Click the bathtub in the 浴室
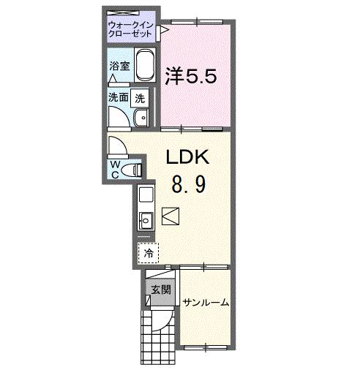145,65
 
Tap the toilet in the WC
132,170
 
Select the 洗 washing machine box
140,98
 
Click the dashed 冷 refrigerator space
148,253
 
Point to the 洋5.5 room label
191,76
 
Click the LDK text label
187,157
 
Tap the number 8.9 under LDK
189,184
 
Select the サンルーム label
206,303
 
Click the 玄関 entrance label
161,290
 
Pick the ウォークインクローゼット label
131,29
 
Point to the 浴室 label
119,66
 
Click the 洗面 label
119,97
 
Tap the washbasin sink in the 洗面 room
141,118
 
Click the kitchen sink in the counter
146,221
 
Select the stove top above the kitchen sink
146,194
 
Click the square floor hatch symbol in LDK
170,216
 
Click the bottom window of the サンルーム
206,347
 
